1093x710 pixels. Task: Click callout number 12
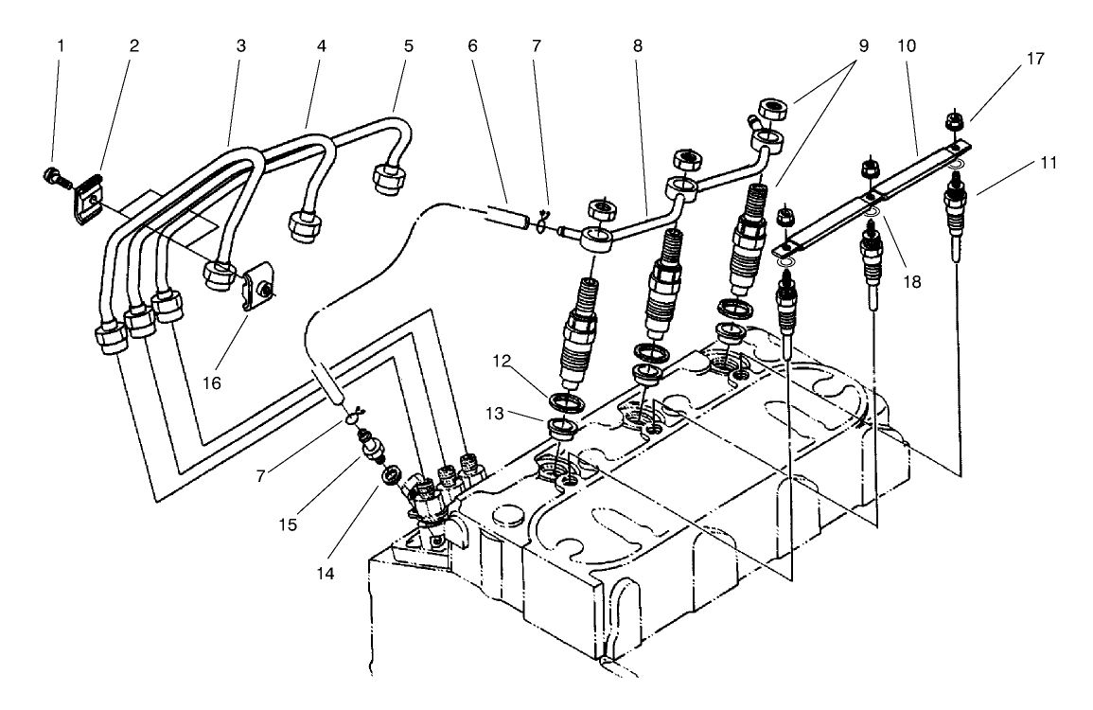[x=502, y=361]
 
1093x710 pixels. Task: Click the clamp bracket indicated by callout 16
[x=256, y=290]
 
